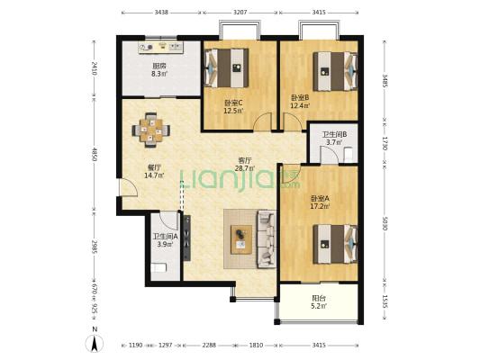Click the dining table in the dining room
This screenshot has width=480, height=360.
[151, 130]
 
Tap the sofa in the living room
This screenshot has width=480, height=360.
[267, 238]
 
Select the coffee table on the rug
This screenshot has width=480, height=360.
[241, 239]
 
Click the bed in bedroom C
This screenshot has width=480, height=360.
[226, 67]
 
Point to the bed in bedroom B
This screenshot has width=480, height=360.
[335, 71]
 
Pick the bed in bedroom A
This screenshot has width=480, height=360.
[335, 244]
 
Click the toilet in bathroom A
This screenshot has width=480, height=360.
[158, 268]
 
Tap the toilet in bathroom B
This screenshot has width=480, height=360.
[349, 155]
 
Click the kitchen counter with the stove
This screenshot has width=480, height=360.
[161, 48]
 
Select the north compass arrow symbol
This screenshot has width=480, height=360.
[95, 343]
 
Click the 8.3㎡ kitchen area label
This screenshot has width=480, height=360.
[159, 74]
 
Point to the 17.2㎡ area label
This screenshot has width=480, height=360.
[320, 206]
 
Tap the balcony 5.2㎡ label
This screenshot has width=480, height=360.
[320, 306]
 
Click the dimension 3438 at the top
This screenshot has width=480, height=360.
[161, 13]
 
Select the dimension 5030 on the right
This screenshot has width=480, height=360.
[385, 223]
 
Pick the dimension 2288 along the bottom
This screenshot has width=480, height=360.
[209, 345]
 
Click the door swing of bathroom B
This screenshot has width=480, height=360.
[329, 156]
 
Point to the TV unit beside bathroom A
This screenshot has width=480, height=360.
[186, 238]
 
